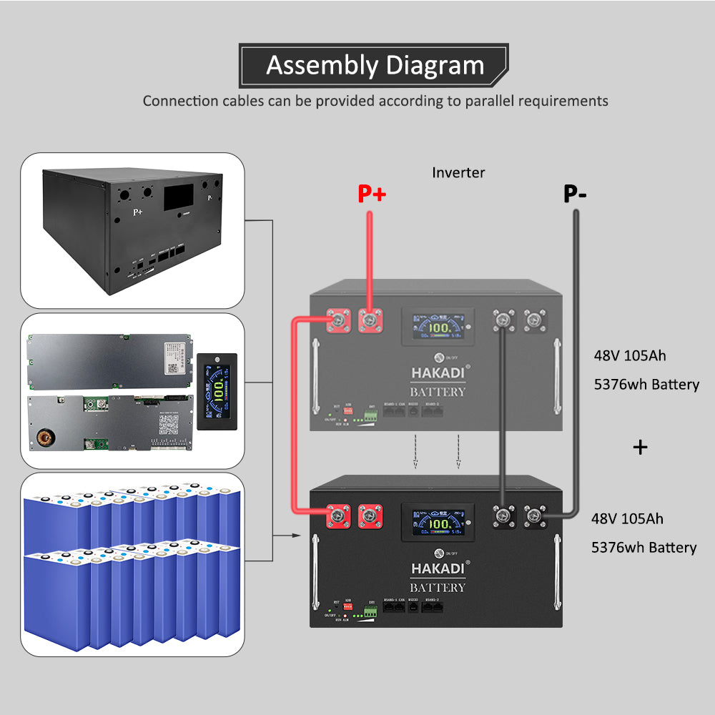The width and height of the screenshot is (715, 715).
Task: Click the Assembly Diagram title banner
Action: coord(375,66)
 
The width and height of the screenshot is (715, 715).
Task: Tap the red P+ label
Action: coord(372,194)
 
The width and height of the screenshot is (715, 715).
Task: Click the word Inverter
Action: coord(458,172)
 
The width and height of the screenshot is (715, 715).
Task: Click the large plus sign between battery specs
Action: coord(641,448)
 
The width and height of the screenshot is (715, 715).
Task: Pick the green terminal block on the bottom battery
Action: coord(370,611)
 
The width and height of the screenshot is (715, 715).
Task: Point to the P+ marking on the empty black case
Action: coord(137,212)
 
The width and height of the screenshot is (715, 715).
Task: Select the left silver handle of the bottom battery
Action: coord(315,572)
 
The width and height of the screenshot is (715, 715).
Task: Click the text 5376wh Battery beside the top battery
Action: coord(646,385)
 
